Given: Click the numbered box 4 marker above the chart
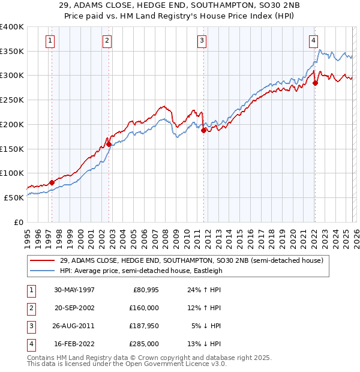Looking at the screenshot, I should click(314, 41).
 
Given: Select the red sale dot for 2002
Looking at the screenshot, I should click(109, 144).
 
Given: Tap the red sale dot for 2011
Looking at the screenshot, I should click(203, 130).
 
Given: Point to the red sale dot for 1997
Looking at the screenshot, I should click(52, 182).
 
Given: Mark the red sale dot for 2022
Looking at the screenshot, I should click(315, 83).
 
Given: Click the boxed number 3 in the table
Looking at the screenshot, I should click(29, 326).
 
